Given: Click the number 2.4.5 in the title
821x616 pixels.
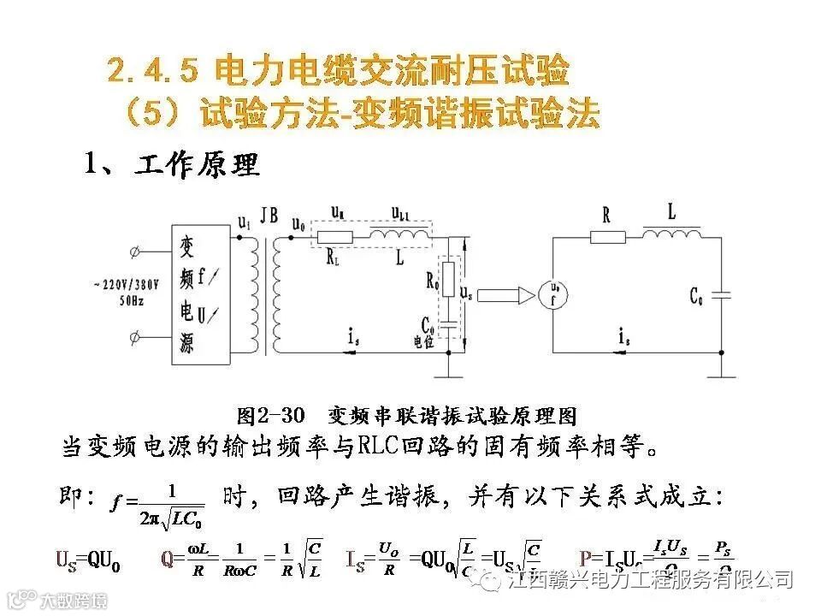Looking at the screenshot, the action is coord(153,70).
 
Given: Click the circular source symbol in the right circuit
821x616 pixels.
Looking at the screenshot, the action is coord(552,294).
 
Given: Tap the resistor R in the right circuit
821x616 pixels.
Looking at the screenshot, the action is coord(607,237).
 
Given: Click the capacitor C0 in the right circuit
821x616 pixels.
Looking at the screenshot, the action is coord(723,296).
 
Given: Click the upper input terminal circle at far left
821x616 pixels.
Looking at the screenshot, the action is coord(133,252).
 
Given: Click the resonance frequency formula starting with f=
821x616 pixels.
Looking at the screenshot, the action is coord(158,504).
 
